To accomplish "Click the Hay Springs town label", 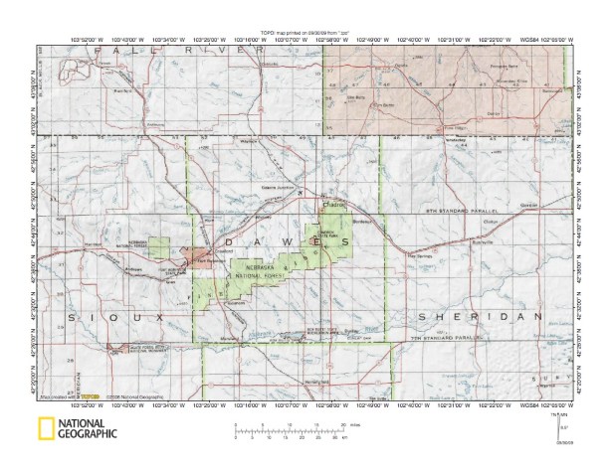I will pos(422,260).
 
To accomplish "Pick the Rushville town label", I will pos(485,241).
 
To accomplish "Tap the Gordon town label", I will pos(526,206).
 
